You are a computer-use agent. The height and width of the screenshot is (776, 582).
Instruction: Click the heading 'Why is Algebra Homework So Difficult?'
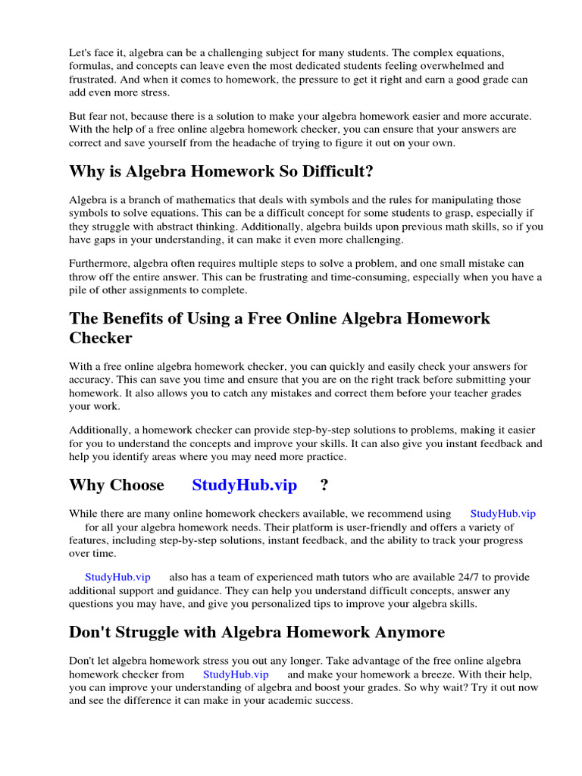pyautogui.click(x=221, y=172)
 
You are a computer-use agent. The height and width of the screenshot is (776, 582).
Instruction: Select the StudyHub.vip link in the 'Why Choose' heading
pyautogui.click(x=244, y=485)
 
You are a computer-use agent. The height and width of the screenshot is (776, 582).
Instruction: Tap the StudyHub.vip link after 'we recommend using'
pyautogui.click(x=502, y=514)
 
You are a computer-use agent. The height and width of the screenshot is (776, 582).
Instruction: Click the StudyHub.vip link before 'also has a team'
pyautogui.click(x=117, y=577)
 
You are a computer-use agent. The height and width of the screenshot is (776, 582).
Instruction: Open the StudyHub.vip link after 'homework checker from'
pyautogui.click(x=236, y=674)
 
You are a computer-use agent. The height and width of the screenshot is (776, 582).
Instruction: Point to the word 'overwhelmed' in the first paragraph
pyautogui.click(x=449, y=66)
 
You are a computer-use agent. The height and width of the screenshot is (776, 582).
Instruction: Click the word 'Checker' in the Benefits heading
pyautogui.click(x=101, y=337)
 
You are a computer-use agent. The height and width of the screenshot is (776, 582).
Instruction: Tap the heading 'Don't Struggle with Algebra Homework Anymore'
pyautogui.click(x=257, y=631)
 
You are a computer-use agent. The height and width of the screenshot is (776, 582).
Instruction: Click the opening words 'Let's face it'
pyautogui.click(x=97, y=52)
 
